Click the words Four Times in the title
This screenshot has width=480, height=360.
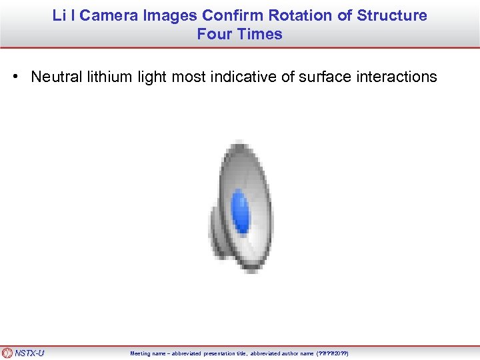point(239,34)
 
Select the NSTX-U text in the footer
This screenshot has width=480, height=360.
point(29,353)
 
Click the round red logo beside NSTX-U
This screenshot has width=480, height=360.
point(7,353)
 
